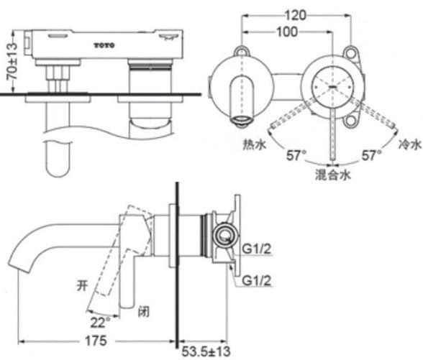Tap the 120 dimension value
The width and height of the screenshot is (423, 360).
(295, 14)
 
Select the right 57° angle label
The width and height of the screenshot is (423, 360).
(372, 155)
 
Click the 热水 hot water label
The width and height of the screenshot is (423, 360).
(253, 144)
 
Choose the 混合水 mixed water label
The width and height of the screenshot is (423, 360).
(332, 175)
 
